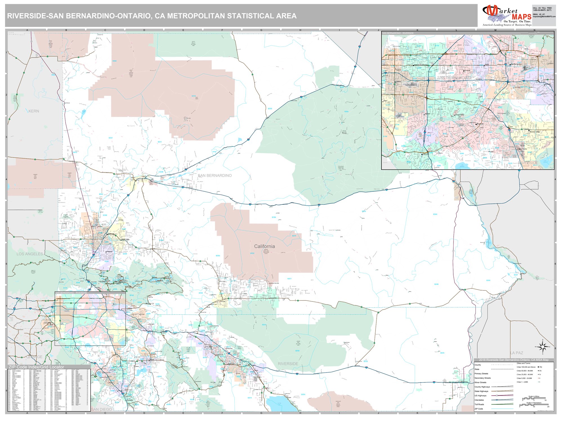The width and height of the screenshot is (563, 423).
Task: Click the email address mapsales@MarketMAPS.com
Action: [544, 17]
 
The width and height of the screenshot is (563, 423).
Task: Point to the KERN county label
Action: [34, 111]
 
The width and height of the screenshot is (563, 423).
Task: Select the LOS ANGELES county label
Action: [30, 254]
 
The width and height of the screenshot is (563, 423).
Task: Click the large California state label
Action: [264, 246]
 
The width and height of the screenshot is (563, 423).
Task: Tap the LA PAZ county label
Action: [517, 353]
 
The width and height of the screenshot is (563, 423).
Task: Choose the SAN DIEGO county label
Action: [101, 409]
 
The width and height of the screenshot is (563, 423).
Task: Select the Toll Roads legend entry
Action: [479, 404]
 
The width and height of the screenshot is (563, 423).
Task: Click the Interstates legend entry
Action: [479, 400]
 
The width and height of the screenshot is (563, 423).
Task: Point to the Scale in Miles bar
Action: [534, 398]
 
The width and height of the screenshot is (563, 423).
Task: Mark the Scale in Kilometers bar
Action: [534, 405]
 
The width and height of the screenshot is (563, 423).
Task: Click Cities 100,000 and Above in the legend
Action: [526, 367]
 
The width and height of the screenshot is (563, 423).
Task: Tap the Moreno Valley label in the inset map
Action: [535, 132]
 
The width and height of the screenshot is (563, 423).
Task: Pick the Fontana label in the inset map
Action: [467, 70]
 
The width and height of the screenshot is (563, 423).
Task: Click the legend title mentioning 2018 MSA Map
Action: [514, 360]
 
